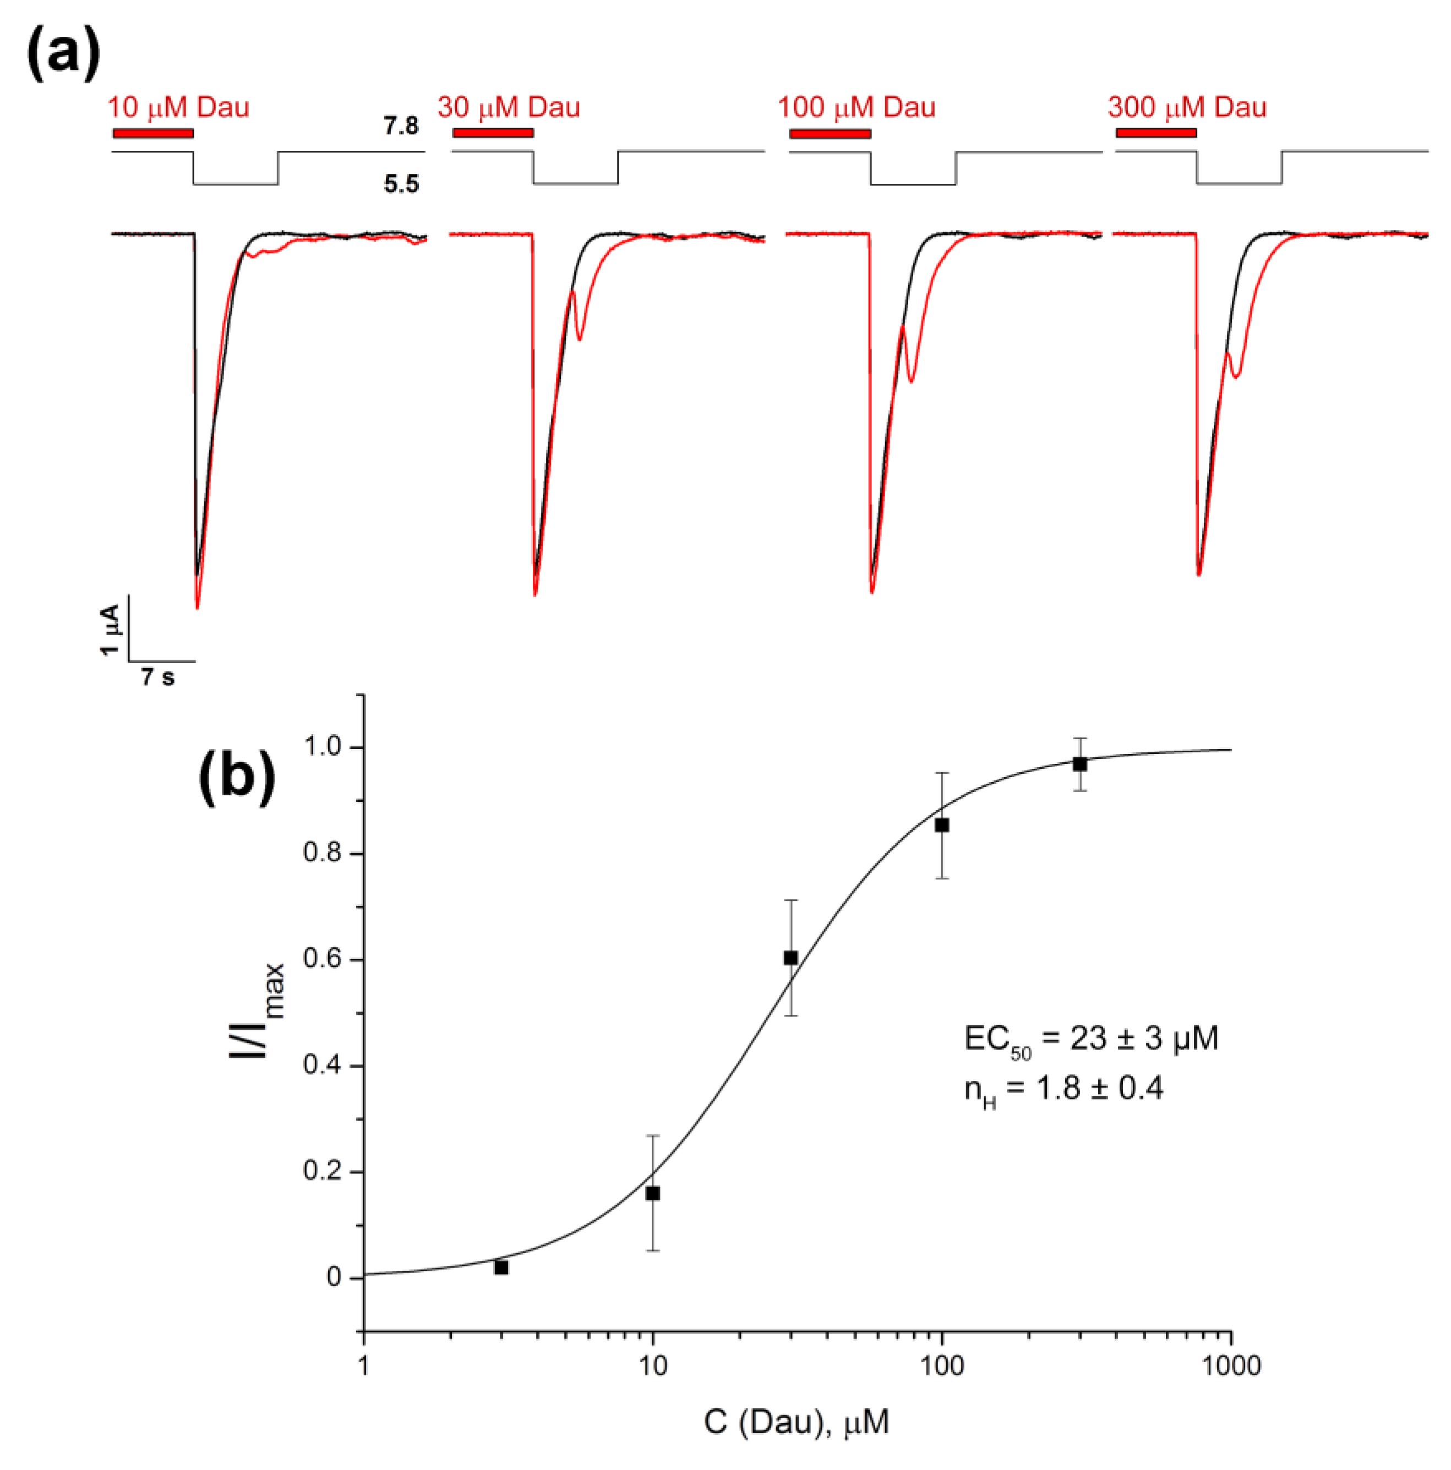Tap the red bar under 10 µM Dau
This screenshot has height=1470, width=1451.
[x=153, y=133]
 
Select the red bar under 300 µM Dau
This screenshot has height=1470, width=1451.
[x=1156, y=133]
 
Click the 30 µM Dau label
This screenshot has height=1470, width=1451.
[x=508, y=107]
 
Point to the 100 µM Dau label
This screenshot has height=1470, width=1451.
[x=856, y=107]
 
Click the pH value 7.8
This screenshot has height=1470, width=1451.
[x=400, y=125]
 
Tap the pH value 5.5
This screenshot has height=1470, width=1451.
[x=401, y=184]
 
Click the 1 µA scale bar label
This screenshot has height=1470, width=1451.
[x=111, y=629]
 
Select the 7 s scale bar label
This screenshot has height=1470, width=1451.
[x=157, y=676]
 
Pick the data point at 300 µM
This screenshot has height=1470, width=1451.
[x=1079, y=764]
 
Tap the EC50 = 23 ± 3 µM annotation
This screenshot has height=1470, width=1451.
[x=1090, y=1038]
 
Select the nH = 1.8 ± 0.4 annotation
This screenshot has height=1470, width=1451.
[x=1063, y=1089]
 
